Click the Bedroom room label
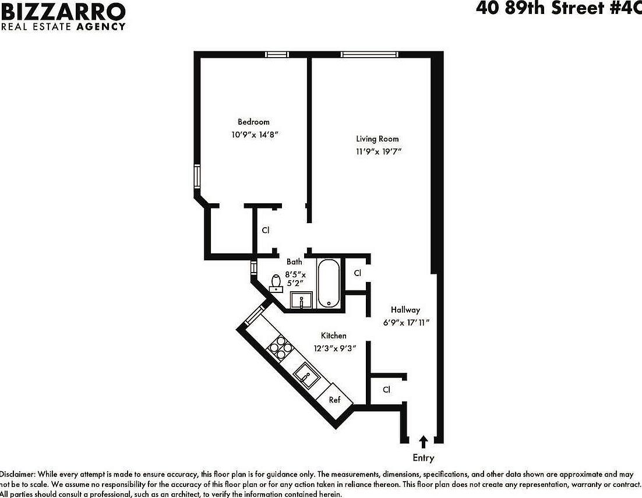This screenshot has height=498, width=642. tap(253, 122)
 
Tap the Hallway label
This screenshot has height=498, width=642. tap(405, 310)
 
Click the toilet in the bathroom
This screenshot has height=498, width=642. tap(277, 282)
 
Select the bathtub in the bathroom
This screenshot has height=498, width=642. tap(329, 282)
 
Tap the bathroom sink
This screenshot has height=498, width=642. tap(301, 301)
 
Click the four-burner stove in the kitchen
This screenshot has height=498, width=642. tap(278, 347)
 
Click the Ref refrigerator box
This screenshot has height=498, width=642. tap(335, 400)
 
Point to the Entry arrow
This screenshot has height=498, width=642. tap(424, 442)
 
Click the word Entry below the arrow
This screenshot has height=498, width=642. tap(424, 458)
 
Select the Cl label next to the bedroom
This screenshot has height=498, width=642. tap(266, 230)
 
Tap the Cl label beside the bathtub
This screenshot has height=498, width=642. tap(358, 273)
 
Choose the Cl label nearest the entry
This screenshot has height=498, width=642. tap(386, 390)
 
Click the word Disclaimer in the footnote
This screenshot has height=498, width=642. tap(17, 474)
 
